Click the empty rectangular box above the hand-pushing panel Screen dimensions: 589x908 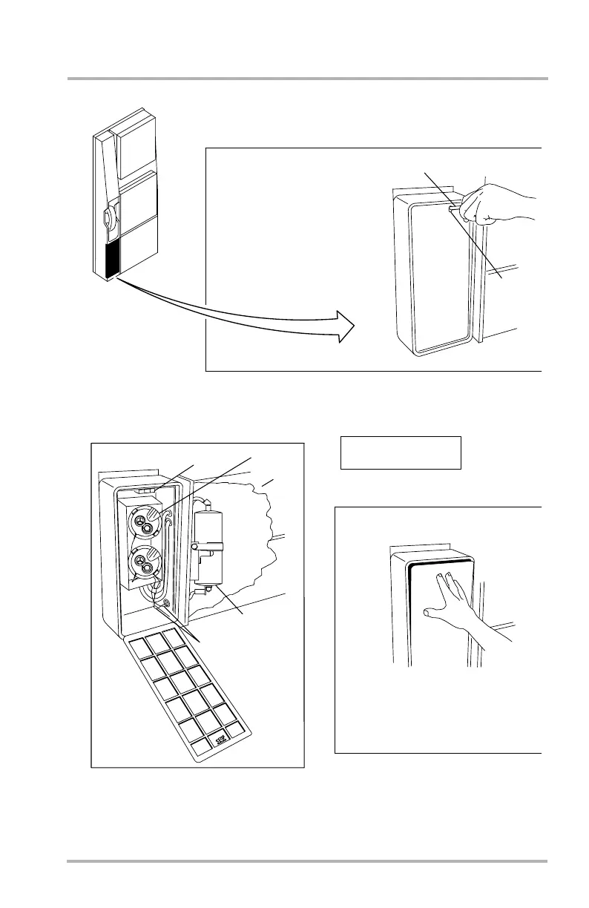(401, 453)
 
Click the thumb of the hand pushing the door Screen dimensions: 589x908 (431, 613)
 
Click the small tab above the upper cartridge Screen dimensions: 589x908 (147, 490)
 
